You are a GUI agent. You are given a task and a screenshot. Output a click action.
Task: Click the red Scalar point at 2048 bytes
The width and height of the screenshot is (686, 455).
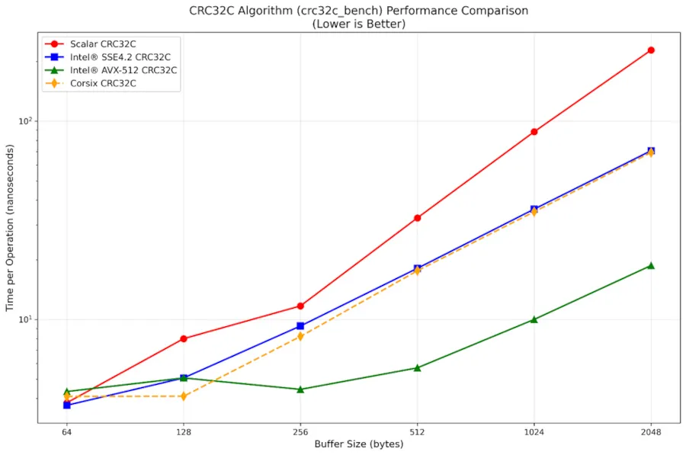[651, 50]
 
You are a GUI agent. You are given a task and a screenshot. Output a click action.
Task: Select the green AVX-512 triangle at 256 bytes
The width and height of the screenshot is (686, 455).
[300, 389]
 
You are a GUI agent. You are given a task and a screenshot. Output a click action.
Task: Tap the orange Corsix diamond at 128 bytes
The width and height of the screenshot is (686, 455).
[184, 396]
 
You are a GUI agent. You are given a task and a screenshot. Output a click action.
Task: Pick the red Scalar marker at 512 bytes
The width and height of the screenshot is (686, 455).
[417, 218]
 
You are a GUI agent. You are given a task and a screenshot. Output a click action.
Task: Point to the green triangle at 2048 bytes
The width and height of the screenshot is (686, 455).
[651, 265]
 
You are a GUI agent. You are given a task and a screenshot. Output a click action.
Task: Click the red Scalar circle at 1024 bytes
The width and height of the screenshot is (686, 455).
[534, 132]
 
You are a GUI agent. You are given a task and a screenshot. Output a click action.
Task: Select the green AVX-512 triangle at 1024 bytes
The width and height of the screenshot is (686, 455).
[534, 319]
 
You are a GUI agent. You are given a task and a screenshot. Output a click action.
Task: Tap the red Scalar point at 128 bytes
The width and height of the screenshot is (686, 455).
[184, 338]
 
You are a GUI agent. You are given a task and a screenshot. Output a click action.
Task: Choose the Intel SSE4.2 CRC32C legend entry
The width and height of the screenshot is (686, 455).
[117, 56]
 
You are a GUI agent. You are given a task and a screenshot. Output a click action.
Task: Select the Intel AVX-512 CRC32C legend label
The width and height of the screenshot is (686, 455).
[123, 70]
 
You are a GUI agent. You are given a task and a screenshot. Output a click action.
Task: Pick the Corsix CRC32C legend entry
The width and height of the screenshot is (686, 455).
[102, 83]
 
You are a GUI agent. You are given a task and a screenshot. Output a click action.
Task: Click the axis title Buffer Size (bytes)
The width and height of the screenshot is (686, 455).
[359, 444]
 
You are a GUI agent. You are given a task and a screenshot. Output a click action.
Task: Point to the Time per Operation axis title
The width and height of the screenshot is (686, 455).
[11, 229]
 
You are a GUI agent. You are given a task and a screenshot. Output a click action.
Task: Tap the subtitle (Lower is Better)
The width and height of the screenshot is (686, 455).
[358, 24]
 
